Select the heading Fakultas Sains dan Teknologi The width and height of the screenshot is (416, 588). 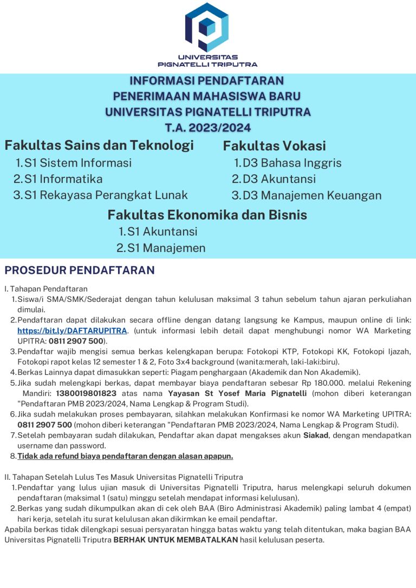coord(99,146)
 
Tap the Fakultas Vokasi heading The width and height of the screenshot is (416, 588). coord(274,146)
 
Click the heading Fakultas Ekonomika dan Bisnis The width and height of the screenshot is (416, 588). coord(207,215)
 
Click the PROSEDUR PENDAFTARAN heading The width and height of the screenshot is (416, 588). coord(80,270)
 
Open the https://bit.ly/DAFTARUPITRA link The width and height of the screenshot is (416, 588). coord(72,331)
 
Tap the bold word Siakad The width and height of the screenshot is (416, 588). coord(316,435)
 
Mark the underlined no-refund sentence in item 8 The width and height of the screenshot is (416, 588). coord(125,456)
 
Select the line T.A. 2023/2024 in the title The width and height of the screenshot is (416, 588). coord(208,128)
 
